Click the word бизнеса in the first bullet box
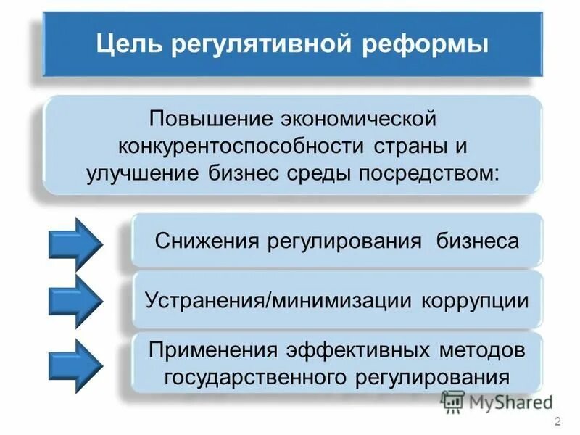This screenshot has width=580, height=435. click(x=478, y=240)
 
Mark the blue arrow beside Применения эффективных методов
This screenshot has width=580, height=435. click(x=75, y=360)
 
